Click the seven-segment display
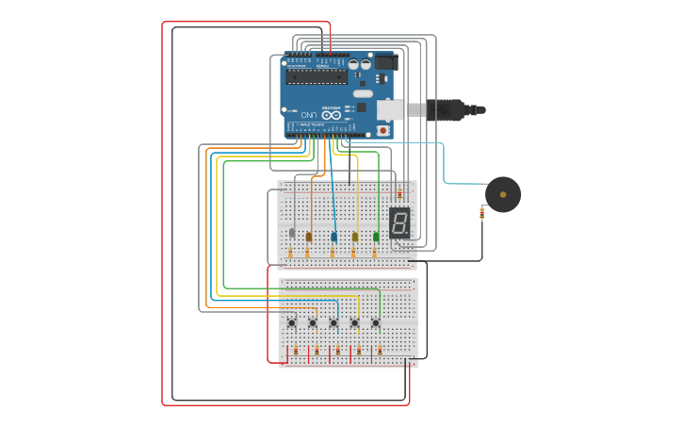399,222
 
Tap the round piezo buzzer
503,194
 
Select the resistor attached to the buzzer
482,214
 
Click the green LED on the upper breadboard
376,237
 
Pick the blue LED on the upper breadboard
333,236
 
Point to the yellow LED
355,237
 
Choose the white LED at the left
292,233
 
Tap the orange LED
309,237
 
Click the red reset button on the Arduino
382,129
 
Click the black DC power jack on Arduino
386,62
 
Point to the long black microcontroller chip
317,76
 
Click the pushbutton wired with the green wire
375,323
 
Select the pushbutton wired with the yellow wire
355,323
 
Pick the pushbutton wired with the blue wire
333,323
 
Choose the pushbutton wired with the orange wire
313,323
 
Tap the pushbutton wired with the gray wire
292,323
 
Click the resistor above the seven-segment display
399,192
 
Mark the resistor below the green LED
374,252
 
